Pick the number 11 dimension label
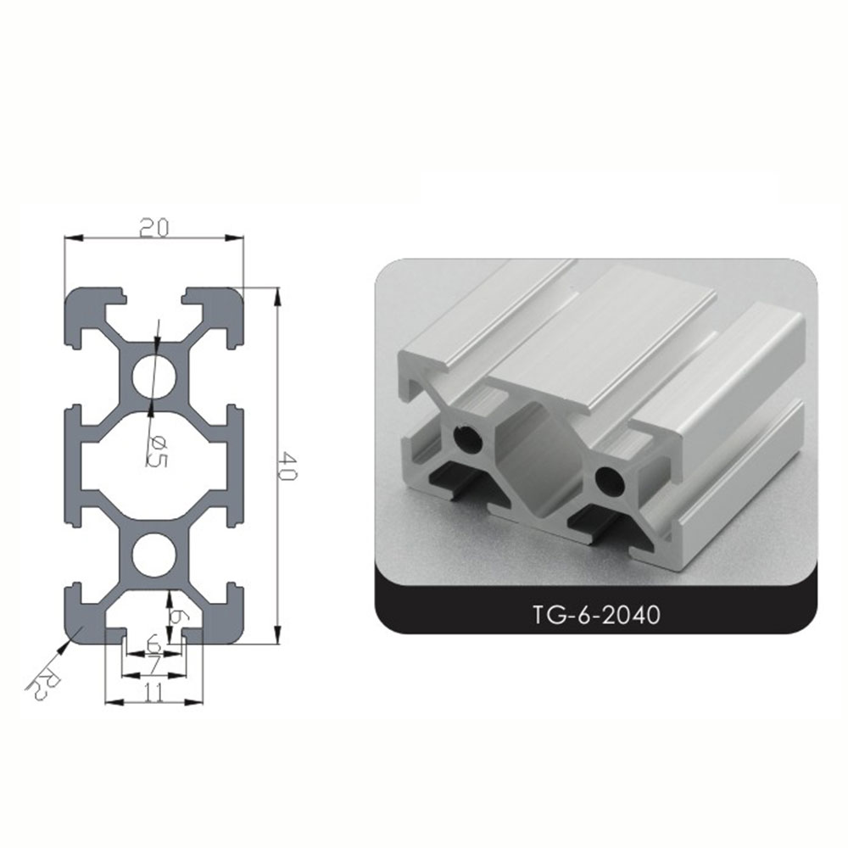153,692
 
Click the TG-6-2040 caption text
596,613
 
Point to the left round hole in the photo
466,438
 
